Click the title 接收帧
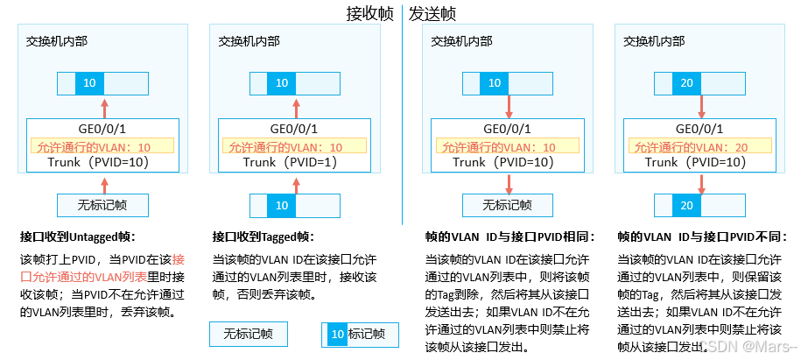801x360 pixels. click(x=369, y=14)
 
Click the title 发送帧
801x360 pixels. click(x=432, y=14)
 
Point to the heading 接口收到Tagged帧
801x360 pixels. click(x=263, y=237)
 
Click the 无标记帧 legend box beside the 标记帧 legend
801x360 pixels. click(x=248, y=334)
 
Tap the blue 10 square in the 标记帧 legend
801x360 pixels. click(x=336, y=334)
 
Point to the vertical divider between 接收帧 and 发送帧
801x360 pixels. click(x=402, y=114)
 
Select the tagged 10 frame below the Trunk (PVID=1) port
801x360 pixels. click(x=281, y=205)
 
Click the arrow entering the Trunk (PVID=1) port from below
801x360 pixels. click(x=280, y=185)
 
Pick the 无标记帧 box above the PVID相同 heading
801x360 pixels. click(x=508, y=205)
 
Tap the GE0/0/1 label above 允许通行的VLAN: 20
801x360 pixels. click(x=685, y=130)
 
